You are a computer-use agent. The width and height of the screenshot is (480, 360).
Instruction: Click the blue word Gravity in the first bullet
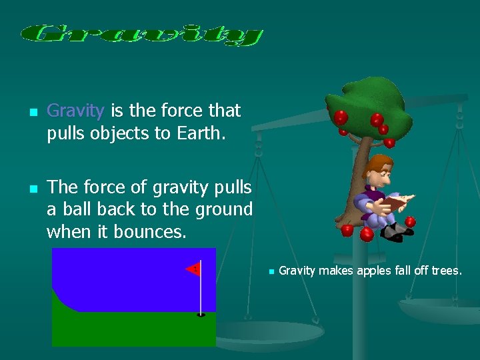tap(75, 110)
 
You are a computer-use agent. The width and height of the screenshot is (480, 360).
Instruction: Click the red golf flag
tap(193, 269)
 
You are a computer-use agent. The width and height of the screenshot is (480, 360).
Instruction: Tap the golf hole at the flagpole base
tap(201, 315)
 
